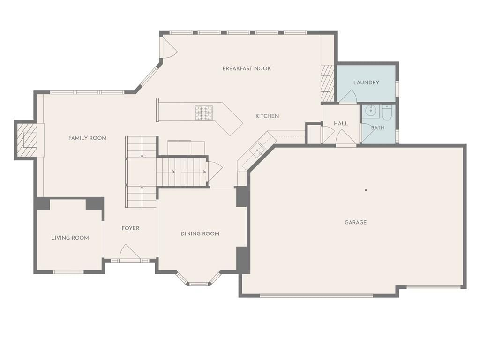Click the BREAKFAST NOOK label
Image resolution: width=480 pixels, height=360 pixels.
coord(247,68)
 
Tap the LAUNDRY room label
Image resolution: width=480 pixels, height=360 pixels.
coord(366,82)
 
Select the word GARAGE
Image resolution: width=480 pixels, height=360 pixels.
coord(355,222)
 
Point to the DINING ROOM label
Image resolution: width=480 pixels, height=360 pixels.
coord(200,233)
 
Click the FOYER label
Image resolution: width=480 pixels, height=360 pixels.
coord(130,228)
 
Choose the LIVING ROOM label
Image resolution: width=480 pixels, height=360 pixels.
coord(70,238)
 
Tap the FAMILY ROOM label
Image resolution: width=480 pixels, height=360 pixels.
coord(88,138)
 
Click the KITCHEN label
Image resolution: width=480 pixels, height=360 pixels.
coord(267,116)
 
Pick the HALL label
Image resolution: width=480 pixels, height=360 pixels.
coord(341,123)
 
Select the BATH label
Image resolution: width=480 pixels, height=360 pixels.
coord(378,127)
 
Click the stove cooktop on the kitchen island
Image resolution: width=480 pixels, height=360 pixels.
coord(203,112)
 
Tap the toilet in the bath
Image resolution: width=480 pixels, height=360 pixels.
coord(387,112)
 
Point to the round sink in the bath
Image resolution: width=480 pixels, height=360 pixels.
coord(371,110)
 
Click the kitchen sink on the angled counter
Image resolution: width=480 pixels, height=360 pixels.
coord(257,150)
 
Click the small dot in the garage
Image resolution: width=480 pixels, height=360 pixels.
coord(366,190)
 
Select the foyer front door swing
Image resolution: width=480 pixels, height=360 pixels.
coord(130,253)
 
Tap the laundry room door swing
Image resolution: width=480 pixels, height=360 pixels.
coord(348,96)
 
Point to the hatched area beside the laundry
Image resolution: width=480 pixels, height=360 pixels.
coord(328,83)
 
